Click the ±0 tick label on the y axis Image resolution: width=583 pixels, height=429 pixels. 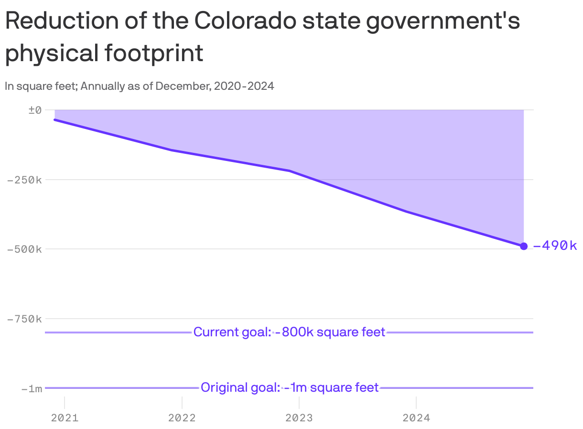coord(35,110)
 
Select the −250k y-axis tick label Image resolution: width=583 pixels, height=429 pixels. coord(24,180)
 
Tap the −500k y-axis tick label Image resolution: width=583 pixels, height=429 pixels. coord(24,249)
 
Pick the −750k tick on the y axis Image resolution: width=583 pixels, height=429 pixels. coord(24,319)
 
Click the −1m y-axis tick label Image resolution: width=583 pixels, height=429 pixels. coord(32,388)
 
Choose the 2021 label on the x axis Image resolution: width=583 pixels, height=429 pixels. coord(65,418)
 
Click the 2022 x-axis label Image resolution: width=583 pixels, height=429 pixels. coord(182,418)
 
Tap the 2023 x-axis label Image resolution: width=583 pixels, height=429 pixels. coord(299,418)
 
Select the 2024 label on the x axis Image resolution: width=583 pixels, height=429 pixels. coord(416,418)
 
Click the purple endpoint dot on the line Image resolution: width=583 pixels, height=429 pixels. coord(524,246)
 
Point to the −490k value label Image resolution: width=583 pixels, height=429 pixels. coord(555,246)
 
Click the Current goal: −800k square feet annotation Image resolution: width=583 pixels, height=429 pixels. coord(289,332)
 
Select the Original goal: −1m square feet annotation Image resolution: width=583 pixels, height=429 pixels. coord(289,387)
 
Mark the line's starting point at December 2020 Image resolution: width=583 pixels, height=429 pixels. coord(55,119)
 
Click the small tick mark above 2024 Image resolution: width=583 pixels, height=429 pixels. coord(416,402)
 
